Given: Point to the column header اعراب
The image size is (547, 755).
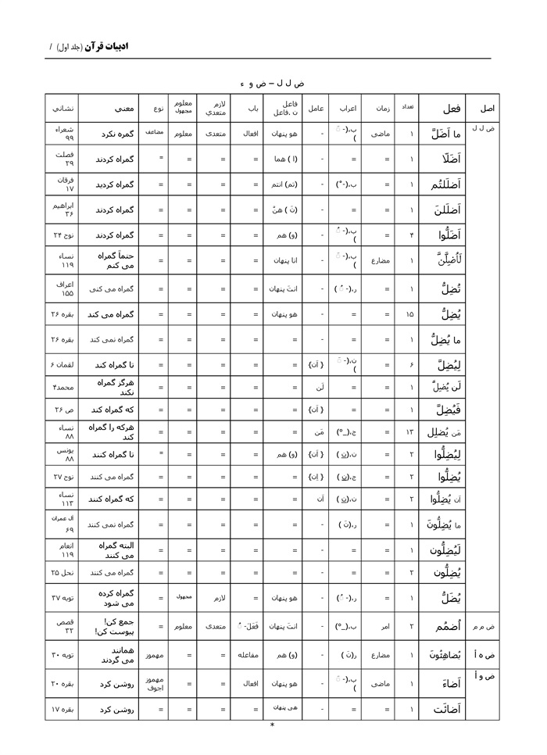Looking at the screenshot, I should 348,109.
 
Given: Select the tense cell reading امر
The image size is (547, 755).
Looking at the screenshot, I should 383,626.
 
